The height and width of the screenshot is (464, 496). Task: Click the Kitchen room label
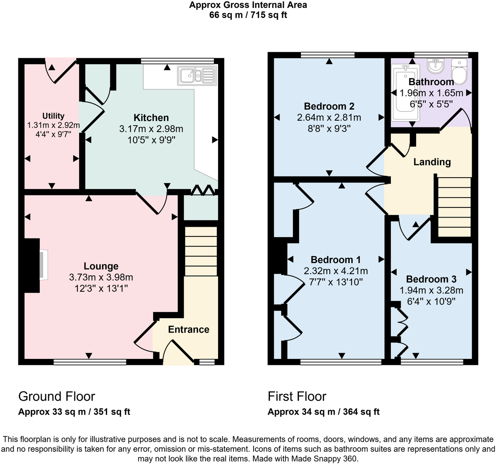coord(151,118)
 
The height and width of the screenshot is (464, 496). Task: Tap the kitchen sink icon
coord(197,76)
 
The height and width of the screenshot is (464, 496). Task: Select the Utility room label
coord(53,116)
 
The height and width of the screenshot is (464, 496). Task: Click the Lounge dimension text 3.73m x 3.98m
coord(101,277)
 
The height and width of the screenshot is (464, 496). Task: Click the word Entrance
coord(188,329)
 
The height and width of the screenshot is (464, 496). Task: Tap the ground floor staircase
coord(201,251)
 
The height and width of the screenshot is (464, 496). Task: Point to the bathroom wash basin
coord(436,66)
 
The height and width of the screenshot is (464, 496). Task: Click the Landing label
coord(432,162)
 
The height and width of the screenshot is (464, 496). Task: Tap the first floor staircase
coord(454,207)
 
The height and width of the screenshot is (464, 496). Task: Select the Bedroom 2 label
coord(329,106)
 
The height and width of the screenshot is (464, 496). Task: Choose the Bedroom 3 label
coord(431,279)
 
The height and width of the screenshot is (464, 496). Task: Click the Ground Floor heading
coord(57,396)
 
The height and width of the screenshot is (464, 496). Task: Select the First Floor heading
coord(297,396)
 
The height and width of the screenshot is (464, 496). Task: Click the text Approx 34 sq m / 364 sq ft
coord(324,412)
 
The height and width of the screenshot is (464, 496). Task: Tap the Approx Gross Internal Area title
coord(248,5)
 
